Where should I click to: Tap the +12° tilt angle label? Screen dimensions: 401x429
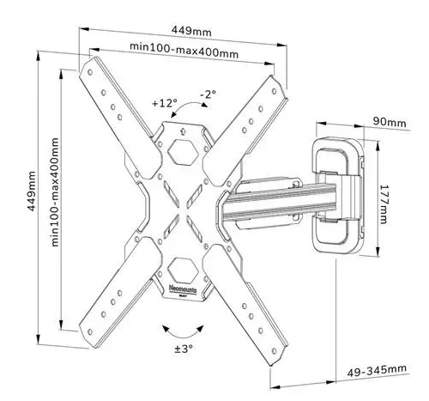click(x=165, y=102)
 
